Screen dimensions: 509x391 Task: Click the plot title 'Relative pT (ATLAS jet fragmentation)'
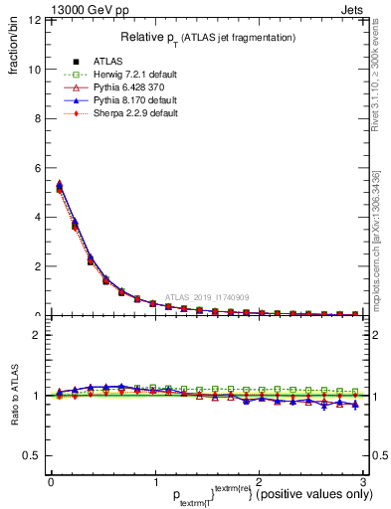[x=207, y=37]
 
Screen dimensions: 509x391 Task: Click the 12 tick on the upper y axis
[x=36, y=21]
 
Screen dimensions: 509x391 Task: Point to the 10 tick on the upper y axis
[x=36, y=70]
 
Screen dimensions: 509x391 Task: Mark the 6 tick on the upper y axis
[x=38, y=168]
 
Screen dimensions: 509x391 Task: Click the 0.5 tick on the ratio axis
[x=33, y=455]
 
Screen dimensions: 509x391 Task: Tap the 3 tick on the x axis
[x=363, y=483]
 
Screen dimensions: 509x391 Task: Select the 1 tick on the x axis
[x=154, y=483]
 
